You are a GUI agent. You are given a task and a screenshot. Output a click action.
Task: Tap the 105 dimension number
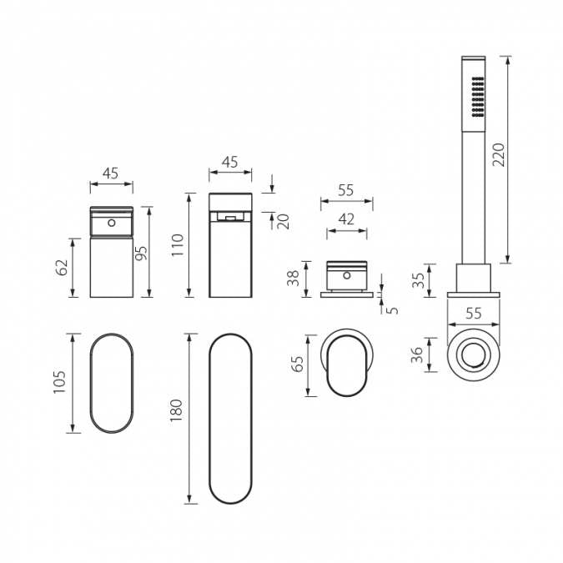pos(59,382)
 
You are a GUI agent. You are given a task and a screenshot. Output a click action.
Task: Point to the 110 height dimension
pos(177,244)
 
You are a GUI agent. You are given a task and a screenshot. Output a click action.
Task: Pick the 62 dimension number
pos(60,267)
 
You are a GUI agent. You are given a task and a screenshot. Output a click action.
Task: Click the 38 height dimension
pos(293,278)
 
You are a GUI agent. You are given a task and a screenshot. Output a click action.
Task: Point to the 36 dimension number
pos(418,357)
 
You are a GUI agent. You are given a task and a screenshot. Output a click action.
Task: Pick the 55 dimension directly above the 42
pos(346,190)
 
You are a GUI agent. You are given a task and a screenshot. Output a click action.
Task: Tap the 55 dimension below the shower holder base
pos(474,314)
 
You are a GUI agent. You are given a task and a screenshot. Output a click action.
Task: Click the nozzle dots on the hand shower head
pos(478,97)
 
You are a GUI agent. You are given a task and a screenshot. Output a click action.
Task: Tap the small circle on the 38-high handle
pos(346,275)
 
